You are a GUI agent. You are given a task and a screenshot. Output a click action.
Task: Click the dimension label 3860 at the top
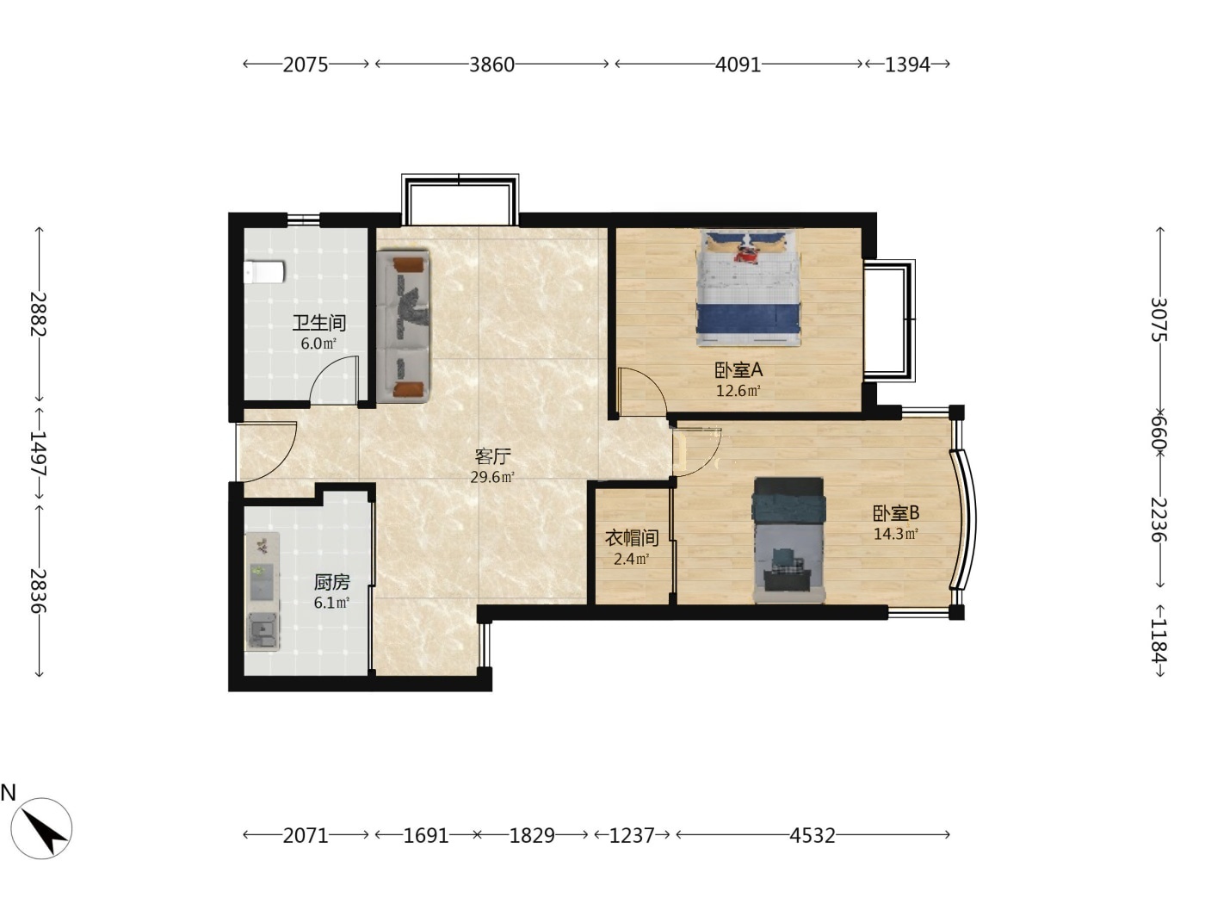[491, 65]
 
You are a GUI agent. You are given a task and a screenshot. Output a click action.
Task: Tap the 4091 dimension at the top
[738, 65]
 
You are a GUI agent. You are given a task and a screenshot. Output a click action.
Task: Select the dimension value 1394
[907, 65]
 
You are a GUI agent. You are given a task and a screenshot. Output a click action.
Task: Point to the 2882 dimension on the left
[39, 313]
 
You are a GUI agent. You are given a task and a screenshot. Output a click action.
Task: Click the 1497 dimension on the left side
[39, 454]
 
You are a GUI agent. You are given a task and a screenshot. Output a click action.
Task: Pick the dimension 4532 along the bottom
[813, 835]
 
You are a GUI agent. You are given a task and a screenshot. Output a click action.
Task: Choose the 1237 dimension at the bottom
[632, 835]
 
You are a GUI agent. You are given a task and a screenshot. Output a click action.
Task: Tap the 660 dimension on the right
[1159, 431]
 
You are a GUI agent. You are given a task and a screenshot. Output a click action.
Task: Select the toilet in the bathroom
[264, 272]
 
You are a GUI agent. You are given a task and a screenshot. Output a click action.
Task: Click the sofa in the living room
[403, 327]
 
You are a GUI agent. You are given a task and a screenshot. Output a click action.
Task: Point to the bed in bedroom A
[748, 288]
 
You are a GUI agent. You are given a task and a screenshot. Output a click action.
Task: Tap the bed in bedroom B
[789, 540]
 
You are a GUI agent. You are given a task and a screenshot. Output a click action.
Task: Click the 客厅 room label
[492, 456]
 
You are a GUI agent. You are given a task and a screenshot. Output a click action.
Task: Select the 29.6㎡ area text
[491, 477]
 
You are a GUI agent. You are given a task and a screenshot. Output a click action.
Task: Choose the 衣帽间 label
[631, 538]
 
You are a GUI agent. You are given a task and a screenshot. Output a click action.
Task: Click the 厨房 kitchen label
[331, 582]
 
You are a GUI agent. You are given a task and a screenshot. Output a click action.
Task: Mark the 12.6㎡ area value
[738, 391]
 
